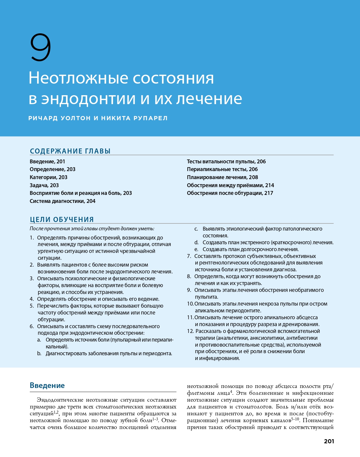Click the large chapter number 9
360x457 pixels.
41,47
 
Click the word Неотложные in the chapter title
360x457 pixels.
78,78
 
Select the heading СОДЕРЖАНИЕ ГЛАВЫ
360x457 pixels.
70,151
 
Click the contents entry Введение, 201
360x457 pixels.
47,162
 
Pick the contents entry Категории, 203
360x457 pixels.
48,177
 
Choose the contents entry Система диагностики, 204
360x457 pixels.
62,201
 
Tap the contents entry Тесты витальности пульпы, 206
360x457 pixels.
226,162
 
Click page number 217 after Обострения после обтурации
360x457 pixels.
268,193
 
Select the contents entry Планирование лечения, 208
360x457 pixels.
222,177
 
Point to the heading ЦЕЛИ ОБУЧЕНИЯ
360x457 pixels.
62,220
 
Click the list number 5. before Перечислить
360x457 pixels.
32,306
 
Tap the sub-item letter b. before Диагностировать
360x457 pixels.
39,353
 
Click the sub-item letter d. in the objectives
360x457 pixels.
196,242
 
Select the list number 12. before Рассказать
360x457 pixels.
190,331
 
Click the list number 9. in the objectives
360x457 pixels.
189,290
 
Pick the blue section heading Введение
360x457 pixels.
47,385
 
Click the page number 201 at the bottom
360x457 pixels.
329,441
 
